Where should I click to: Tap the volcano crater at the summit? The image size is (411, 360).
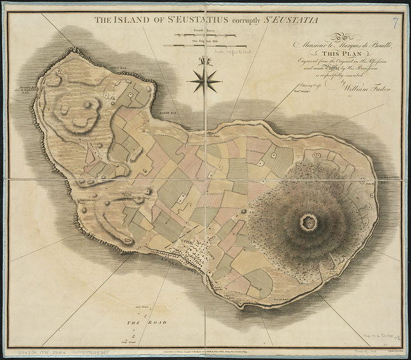tap(309, 223)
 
